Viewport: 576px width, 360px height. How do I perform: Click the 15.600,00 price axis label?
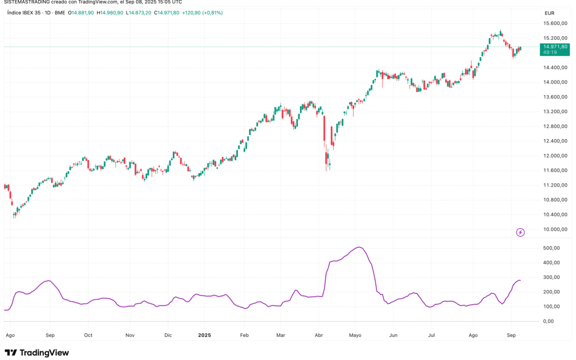555,23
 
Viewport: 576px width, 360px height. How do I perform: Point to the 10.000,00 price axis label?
555,229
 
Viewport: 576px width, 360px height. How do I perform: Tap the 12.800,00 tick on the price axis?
555,126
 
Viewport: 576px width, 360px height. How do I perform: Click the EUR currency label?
549,13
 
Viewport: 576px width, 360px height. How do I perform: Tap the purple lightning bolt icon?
521,232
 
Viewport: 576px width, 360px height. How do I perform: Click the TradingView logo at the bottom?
37,353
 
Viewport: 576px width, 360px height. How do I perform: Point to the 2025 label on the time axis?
205,335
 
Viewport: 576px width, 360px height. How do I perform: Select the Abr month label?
319,335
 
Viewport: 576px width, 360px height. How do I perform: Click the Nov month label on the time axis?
130,335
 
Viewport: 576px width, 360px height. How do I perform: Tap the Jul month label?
431,335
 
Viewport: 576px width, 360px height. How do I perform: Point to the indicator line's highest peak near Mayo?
359,247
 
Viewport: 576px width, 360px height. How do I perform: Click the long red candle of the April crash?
324,131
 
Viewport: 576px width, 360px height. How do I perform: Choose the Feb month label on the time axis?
244,335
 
